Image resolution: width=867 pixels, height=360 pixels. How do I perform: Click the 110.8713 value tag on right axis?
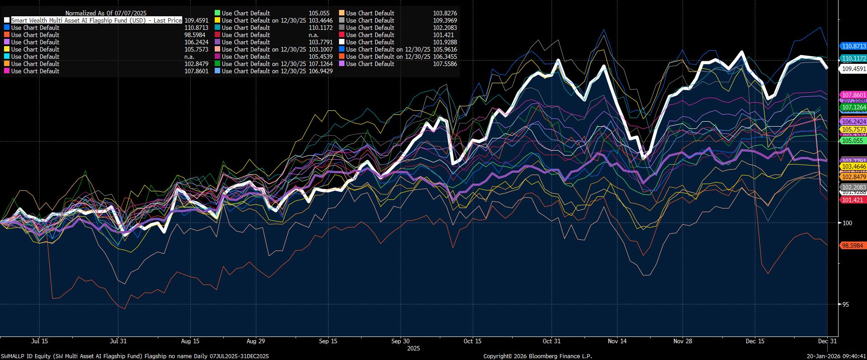(853, 46)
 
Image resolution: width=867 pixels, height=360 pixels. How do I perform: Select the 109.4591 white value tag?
(853, 69)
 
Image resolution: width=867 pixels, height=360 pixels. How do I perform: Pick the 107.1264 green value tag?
(853, 107)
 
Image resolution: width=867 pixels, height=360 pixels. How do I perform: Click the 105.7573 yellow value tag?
(853, 129)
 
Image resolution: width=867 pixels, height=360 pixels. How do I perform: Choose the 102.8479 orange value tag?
(853, 177)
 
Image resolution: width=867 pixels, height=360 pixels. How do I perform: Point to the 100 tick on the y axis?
(847, 223)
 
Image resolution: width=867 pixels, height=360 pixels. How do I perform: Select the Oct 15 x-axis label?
(472, 341)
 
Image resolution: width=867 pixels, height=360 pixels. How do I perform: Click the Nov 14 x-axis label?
(617, 341)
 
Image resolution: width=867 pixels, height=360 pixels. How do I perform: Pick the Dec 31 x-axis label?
(827, 341)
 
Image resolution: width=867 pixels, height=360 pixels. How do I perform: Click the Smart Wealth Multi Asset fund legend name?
(96, 20)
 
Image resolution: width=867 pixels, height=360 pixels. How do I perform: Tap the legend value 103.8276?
(445, 13)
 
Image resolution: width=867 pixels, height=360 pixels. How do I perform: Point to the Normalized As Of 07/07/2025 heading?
(106, 13)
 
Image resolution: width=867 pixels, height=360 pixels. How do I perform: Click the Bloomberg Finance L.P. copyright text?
(537, 356)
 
